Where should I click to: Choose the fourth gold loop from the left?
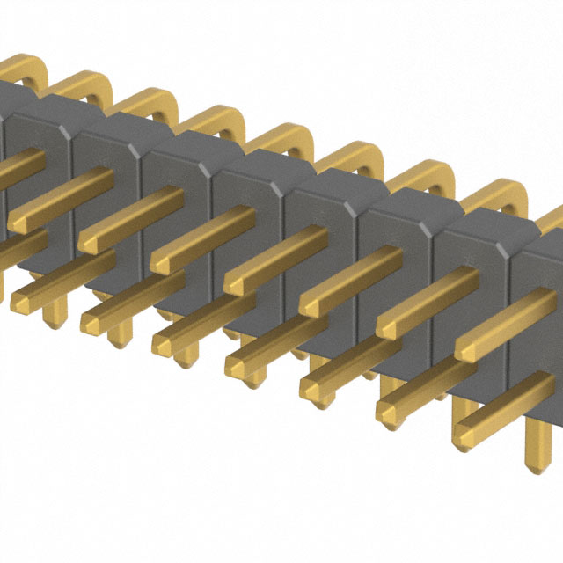[x=216, y=119]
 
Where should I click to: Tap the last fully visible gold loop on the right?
[x=498, y=198]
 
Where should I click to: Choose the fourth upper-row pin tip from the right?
[x=236, y=283]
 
